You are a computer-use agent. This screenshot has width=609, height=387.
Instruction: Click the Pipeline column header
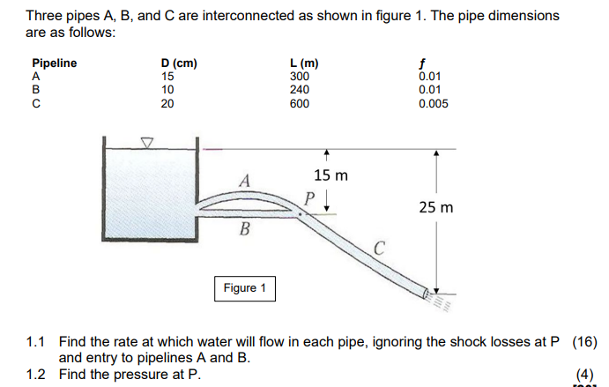[54, 63]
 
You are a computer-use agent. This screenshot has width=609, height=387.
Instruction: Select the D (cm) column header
[179, 63]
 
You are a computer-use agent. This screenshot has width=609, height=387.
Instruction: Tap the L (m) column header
[304, 63]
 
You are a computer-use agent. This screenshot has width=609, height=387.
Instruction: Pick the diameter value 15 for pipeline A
[167, 76]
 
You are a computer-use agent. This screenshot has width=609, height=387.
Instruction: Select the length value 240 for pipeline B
[300, 89]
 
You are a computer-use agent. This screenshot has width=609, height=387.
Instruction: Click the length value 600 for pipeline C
[300, 103]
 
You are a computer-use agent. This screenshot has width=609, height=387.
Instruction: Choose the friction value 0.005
[433, 103]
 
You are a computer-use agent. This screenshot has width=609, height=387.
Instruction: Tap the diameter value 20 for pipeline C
[167, 103]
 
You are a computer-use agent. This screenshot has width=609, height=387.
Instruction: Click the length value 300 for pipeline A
[300, 76]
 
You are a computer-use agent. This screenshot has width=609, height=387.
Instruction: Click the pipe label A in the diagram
[247, 180]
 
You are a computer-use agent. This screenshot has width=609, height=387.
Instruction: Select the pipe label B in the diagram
[246, 231]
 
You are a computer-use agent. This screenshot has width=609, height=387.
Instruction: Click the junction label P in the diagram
[309, 197]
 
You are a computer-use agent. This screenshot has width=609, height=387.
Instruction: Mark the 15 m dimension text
[330, 175]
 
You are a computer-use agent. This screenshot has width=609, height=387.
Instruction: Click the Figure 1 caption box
[244, 288]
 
